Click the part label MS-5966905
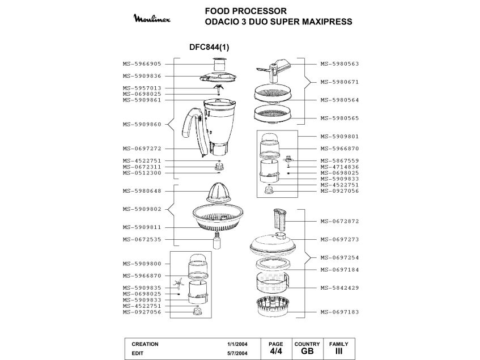[x=142, y=64]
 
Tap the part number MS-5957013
[x=142, y=88]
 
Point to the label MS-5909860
[x=142, y=124]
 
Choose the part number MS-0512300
[x=142, y=173]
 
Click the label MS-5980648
[x=142, y=191]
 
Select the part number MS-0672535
[x=142, y=240]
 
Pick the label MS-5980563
[x=339, y=64]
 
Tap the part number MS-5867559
[x=339, y=160]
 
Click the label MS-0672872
[x=339, y=222]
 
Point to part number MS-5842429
[x=339, y=288]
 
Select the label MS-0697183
[x=339, y=312]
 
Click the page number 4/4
[x=275, y=352]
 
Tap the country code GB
[x=307, y=352]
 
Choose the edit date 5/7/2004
[x=237, y=353]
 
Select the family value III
[x=338, y=352]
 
